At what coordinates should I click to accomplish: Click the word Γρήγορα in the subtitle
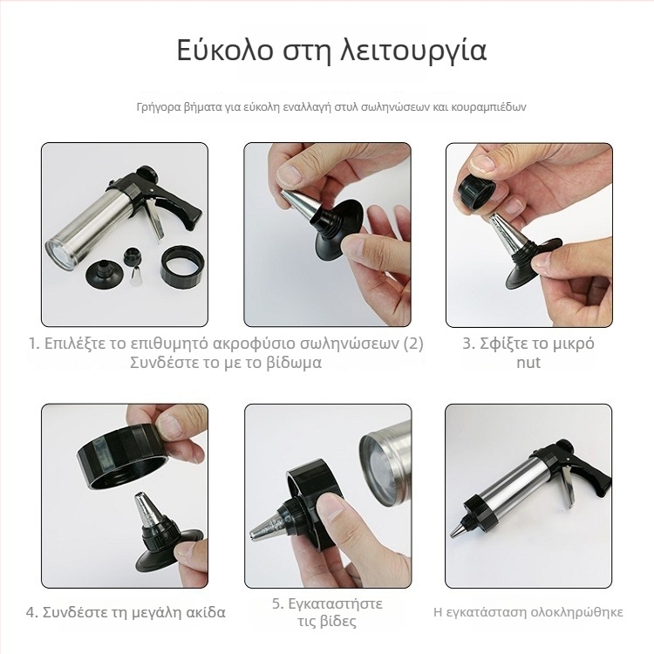point(159,107)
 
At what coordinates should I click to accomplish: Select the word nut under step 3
point(528,362)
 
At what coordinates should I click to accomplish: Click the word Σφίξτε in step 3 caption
point(502,343)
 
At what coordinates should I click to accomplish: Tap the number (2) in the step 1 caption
point(412,343)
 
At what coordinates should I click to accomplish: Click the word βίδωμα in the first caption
point(292,362)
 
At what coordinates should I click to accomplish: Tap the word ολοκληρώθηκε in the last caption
point(578,612)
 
